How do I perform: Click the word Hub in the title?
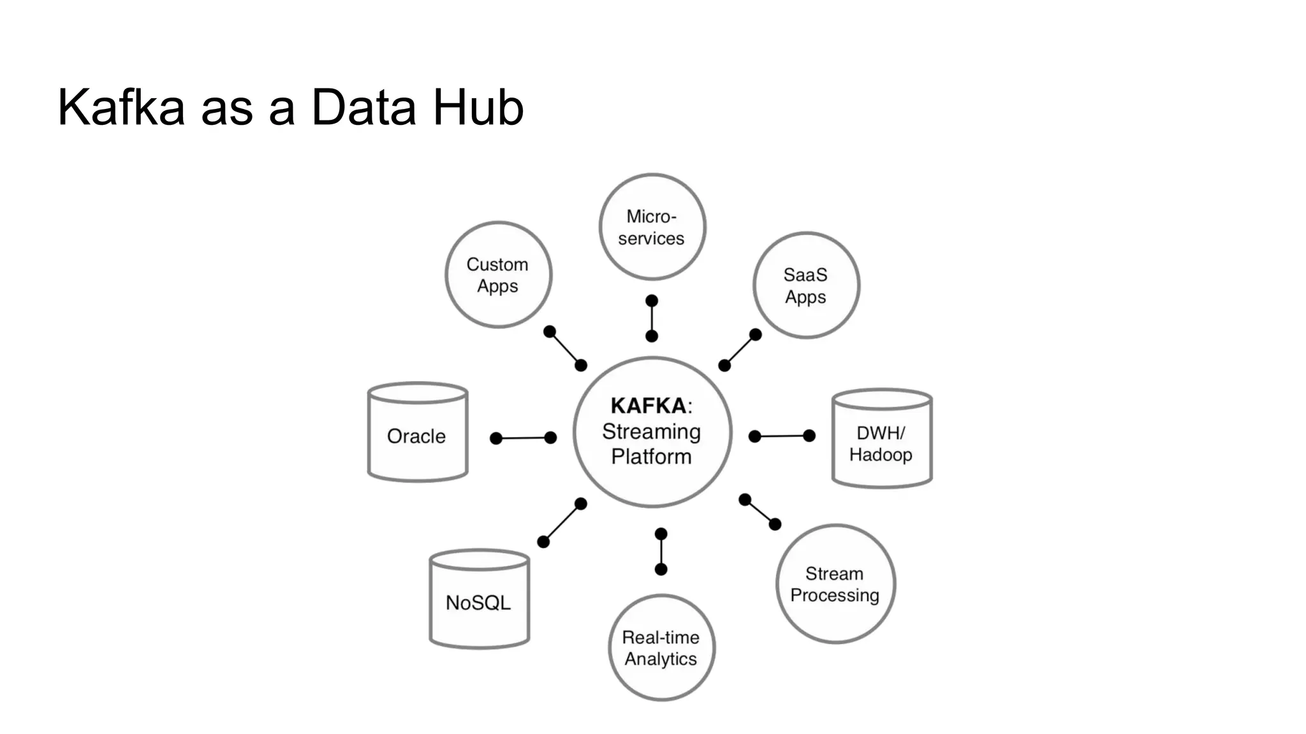pos(478,107)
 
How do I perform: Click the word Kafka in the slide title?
pos(121,107)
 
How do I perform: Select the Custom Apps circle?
pos(498,275)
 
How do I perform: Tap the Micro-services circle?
pos(652,227)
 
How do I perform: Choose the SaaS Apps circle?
pos(806,285)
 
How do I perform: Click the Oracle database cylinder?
pos(418,436)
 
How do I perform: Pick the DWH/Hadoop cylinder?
pos(882,443)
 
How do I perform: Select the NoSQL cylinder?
pos(479,602)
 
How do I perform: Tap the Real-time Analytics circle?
pos(661,648)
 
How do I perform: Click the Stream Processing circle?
pos(835,584)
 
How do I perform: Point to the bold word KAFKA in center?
pos(648,406)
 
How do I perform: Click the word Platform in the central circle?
pos(651,457)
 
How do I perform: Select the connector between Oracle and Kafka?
pos(523,438)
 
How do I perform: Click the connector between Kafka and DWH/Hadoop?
pos(782,436)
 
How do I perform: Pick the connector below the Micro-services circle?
pos(652,318)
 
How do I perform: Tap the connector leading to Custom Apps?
pos(565,348)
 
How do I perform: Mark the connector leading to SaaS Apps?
pos(740,350)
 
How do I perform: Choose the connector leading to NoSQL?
pos(562,522)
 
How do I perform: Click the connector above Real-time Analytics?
pos(661,551)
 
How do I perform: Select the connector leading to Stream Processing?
pos(759,512)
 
